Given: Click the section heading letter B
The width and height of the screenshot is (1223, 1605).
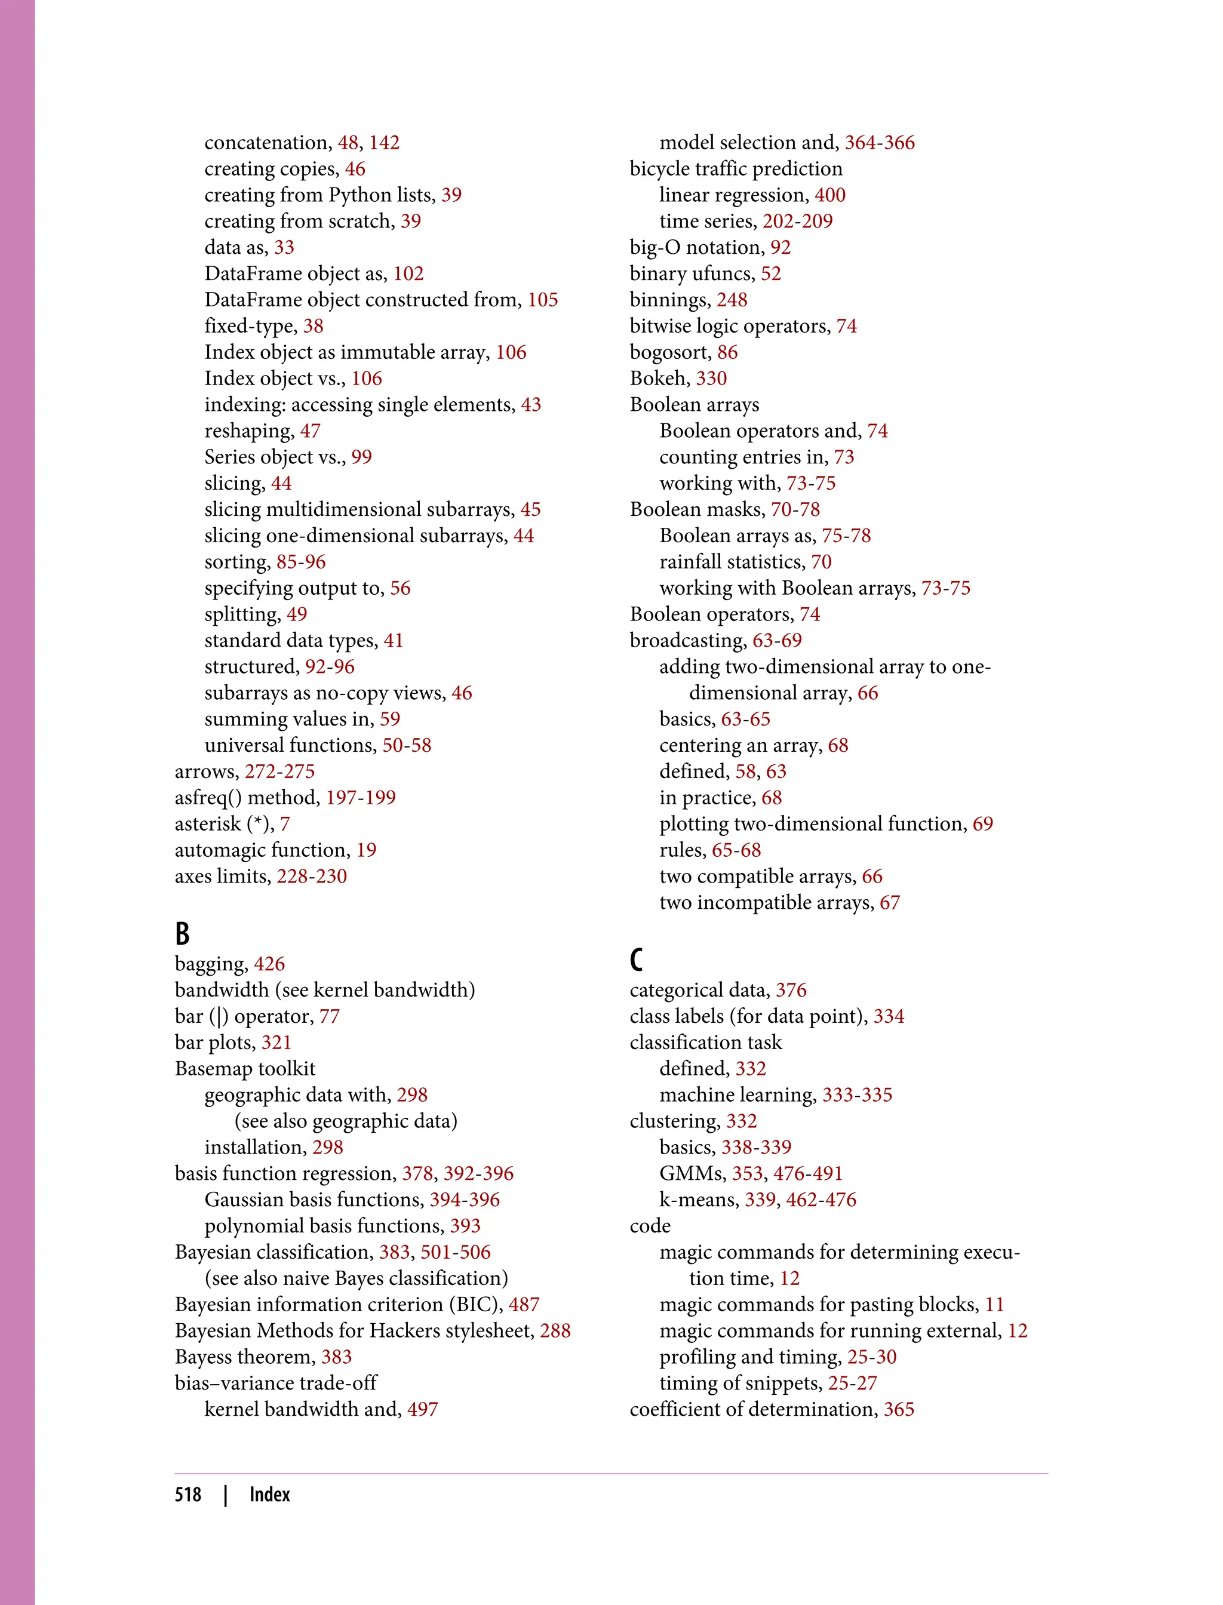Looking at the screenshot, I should click(x=182, y=934).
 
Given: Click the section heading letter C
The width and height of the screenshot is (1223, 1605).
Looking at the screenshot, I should click(x=636, y=960).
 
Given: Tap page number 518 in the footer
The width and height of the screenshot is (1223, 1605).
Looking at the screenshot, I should click(x=188, y=1495).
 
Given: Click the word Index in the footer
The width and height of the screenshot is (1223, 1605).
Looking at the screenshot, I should click(x=269, y=1495).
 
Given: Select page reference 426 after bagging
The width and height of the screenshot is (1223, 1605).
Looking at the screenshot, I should click(x=269, y=964).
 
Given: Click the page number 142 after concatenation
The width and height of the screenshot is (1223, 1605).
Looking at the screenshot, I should click(x=385, y=143).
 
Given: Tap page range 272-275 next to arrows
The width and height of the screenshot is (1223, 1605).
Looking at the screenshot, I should click(x=279, y=771).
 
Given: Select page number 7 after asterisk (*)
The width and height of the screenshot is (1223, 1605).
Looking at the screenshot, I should click(x=285, y=824).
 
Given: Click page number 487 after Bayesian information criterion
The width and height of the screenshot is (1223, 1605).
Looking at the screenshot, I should click(x=524, y=1305).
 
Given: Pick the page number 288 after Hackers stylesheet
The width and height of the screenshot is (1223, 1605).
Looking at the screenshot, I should click(x=555, y=1330).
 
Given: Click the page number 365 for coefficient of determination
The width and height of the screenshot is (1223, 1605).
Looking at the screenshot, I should click(x=899, y=1409).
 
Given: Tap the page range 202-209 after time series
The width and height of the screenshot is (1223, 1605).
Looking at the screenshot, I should click(x=797, y=222).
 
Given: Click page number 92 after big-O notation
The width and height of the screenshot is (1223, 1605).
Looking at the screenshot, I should click(x=780, y=247).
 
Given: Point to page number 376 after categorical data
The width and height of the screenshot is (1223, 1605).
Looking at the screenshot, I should click(x=791, y=990).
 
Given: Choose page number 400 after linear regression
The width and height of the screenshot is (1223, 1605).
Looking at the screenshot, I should click(x=830, y=195).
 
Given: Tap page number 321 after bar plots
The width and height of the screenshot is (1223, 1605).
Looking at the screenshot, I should click(x=276, y=1043).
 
